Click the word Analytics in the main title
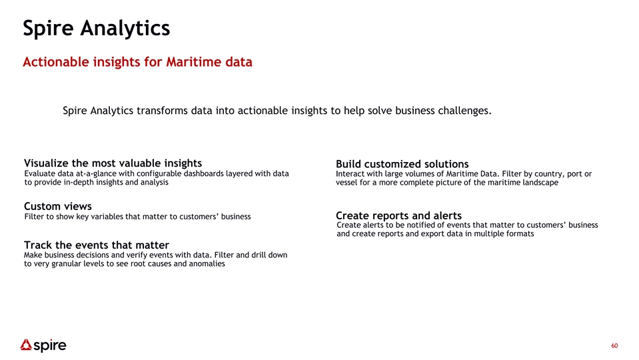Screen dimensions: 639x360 [125, 29]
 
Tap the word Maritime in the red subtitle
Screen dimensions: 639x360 [189, 62]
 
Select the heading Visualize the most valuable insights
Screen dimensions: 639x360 [113, 163]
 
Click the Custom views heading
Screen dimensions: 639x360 [58, 206]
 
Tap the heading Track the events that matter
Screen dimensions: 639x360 [97, 245]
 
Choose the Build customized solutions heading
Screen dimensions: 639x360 [402, 164]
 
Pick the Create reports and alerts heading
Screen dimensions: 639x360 [398, 215]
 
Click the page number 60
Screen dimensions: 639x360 [614, 346]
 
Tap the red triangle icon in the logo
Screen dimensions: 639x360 [26, 345]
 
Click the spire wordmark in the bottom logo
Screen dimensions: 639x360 [50, 346]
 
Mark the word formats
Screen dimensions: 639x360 [519, 233]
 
